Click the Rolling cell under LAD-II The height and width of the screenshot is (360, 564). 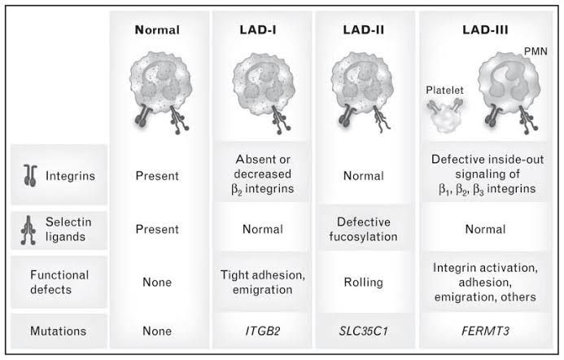point(364,282)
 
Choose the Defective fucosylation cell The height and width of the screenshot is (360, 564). point(364,230)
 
